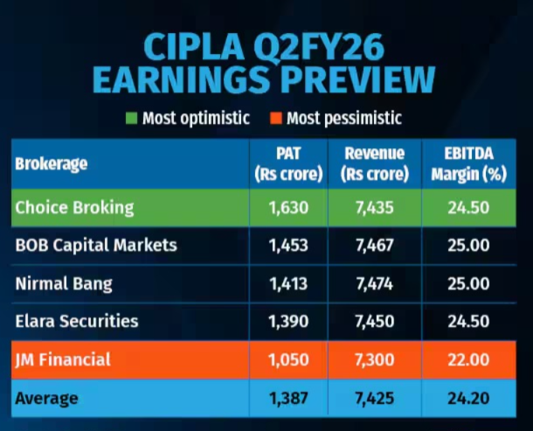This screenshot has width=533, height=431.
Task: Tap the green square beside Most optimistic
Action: [133, 118]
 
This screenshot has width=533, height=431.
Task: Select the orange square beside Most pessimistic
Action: [276, 118]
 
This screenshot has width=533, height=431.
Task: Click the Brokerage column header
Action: [52, 163]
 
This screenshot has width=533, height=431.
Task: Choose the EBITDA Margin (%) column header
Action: [468, 163]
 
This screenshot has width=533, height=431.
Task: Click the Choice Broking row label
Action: [74, 208]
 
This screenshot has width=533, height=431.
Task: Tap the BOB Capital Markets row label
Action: [96, 245]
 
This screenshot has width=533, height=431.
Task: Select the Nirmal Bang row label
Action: [64, 284]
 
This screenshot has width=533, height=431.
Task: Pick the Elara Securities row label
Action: [77, 321]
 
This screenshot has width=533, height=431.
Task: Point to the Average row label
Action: [47, 398]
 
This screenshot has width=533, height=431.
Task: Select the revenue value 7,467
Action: [375, 245]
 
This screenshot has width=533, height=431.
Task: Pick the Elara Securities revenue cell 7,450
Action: [375, 321]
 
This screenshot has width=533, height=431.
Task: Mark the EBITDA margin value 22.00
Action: [468, 359]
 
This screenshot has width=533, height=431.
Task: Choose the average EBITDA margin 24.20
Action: [468, 398]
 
